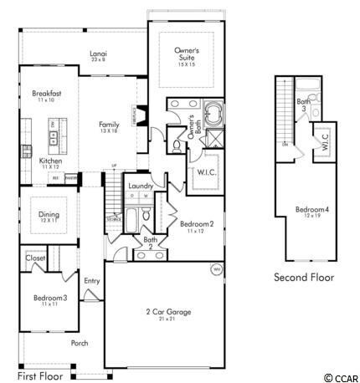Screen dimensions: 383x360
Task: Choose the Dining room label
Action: point(49,214)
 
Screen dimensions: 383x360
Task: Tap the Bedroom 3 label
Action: point(49,298)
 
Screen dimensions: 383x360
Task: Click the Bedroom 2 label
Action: point(197,224)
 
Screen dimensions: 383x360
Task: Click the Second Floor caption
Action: point(303,277)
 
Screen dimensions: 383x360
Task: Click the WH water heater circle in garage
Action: point(216,269)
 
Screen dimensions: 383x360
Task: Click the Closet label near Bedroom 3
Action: point(35,258)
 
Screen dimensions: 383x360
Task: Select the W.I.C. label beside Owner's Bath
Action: point(208,172)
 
